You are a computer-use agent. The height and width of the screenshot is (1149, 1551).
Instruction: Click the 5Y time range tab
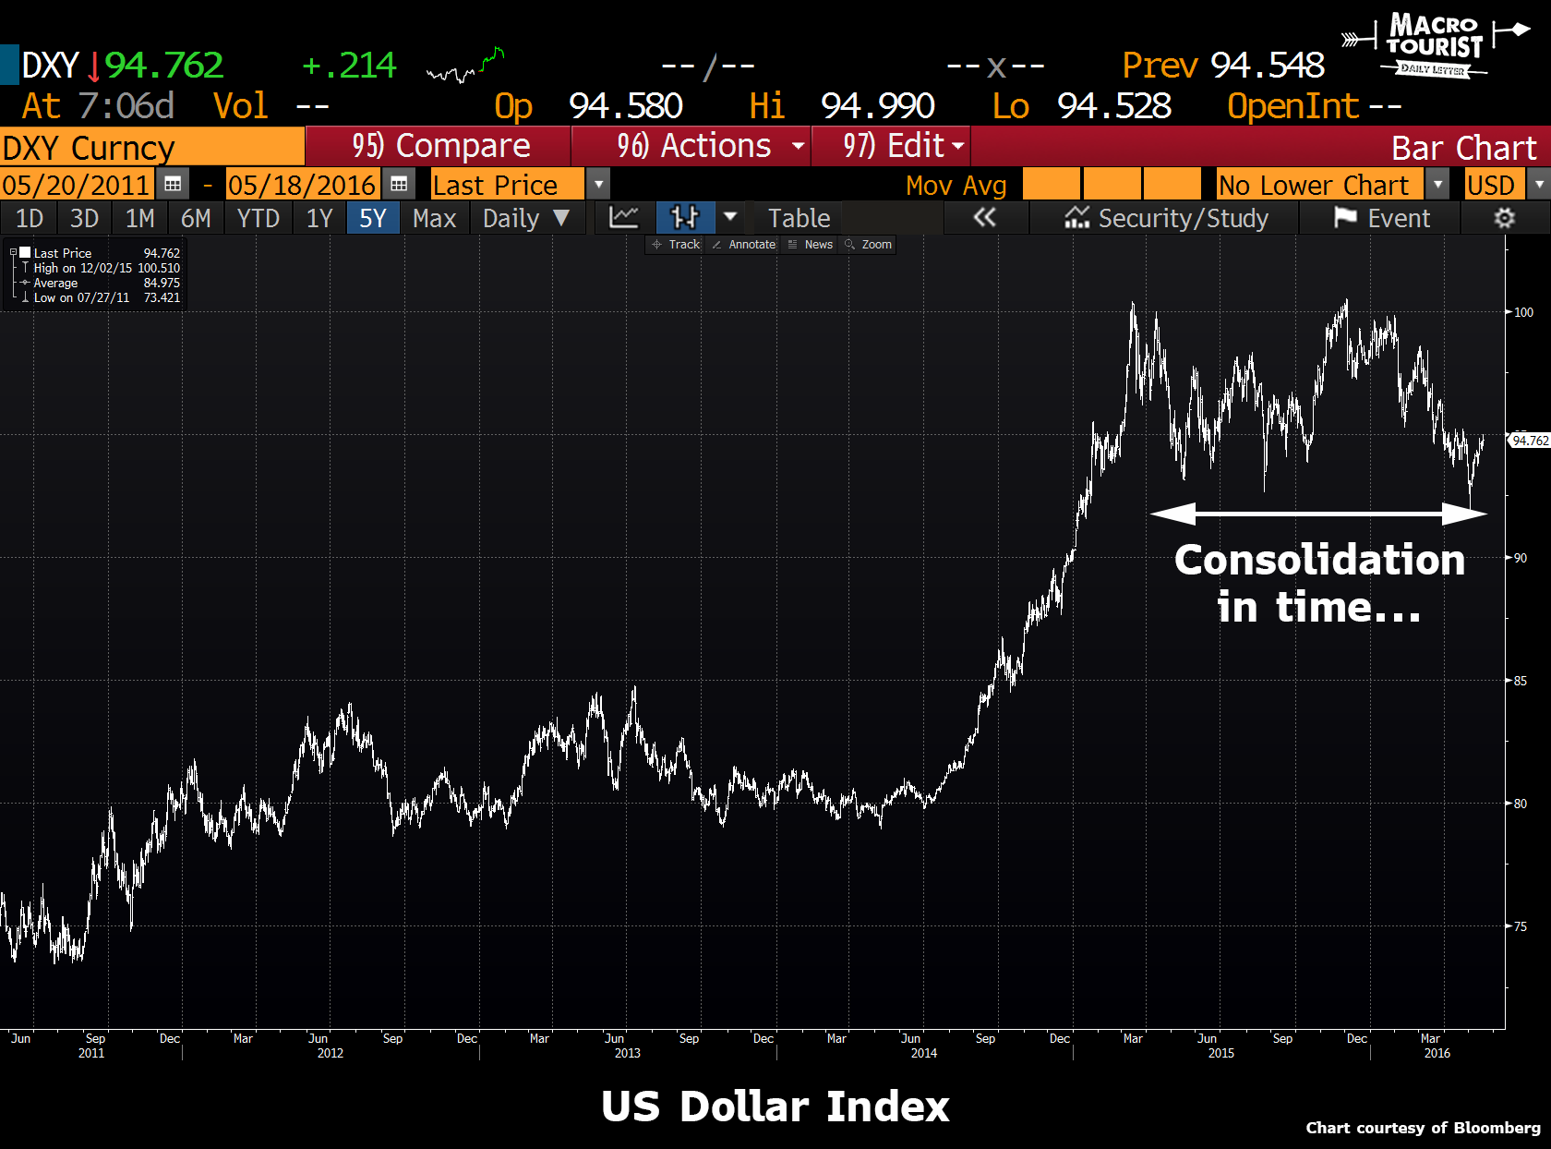(373, 219)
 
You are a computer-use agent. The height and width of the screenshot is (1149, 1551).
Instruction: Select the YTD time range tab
(258, 219)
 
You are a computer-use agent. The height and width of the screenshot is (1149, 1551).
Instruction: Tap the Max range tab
(434, 219)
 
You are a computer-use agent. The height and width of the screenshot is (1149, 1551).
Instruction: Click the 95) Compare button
(439, 146)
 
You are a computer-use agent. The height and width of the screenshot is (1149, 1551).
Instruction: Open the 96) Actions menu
(693, 146)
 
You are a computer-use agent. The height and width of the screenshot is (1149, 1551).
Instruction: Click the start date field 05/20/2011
(76, 185)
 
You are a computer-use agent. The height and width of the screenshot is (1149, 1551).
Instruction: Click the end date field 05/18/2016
(302, 185)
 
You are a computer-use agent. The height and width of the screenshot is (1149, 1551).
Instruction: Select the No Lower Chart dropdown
(1321, 185)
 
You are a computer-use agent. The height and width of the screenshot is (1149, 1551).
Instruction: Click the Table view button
(799, 219)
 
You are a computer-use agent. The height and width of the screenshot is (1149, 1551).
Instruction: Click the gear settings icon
(1504, 219)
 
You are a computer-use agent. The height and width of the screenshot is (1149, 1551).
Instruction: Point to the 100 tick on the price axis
(1523, 312)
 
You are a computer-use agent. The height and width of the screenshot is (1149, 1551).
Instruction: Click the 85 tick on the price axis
(1520, 681)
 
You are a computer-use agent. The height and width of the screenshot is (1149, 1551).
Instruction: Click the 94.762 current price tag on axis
(1530, 441)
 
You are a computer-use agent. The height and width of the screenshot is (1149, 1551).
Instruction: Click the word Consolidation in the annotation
(1319, 560)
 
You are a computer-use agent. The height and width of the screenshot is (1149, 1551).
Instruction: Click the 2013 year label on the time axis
(627, 1053)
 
